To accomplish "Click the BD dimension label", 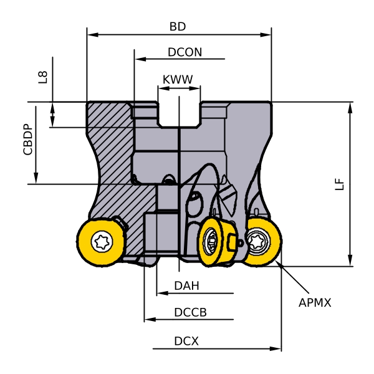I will (178, 27).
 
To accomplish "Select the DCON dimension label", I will (185, 52).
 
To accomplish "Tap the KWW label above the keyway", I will (178, 80).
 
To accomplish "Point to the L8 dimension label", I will (42, 78).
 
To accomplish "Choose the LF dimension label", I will (339, 183).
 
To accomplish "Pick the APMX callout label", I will (315, 303).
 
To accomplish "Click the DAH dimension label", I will (186, 286).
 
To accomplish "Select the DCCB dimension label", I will (190, 312).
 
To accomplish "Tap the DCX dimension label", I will (186, 342).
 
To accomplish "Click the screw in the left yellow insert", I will (101, 241).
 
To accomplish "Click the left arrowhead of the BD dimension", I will (90, 34).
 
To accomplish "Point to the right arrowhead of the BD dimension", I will (268, 34).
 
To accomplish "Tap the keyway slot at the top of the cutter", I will (179, 112).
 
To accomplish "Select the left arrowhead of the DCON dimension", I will (138, 60).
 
